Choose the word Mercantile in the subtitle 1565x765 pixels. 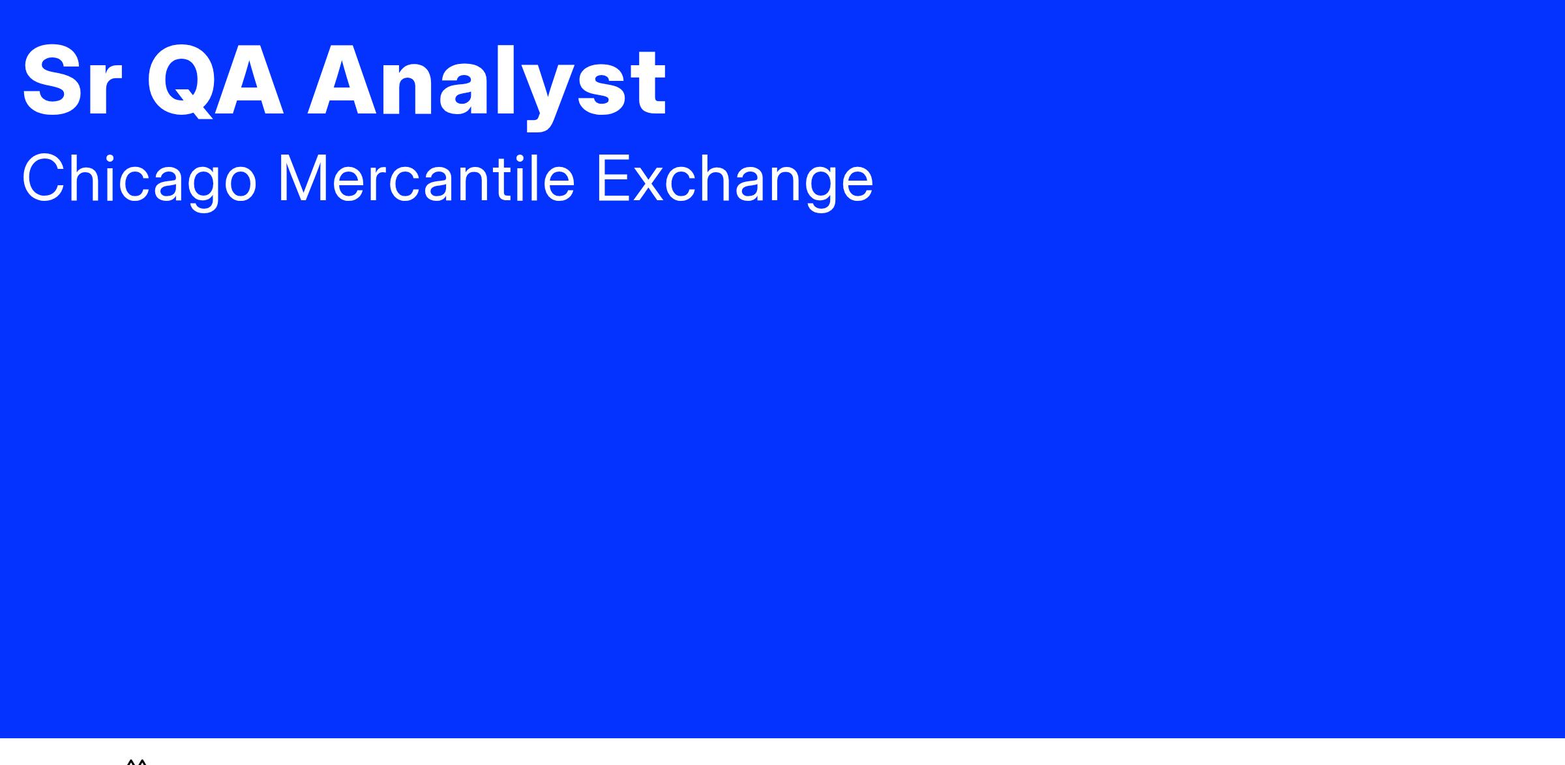426,178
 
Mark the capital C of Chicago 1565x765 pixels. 46,178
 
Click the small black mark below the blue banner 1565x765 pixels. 136,761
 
